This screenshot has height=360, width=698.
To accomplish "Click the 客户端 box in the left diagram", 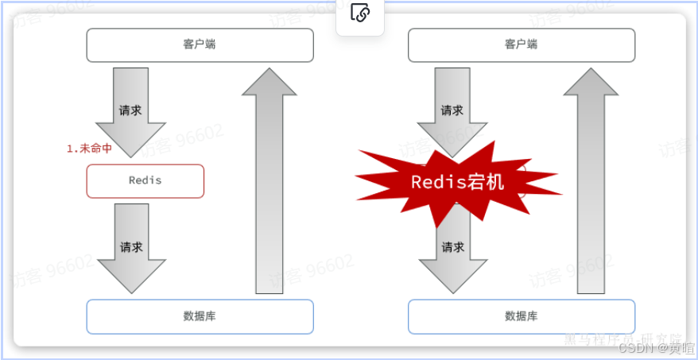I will click(x=200, y=45).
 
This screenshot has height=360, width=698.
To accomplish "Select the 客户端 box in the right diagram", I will click(x=522, y=45).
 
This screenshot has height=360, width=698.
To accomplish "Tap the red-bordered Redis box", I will click(x=145, y=180).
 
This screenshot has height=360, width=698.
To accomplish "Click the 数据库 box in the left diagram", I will click(x=200, y=316).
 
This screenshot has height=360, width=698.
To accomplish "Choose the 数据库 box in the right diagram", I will click(x=522, y=316).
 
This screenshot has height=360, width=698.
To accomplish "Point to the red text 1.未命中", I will click(x=89, y=149).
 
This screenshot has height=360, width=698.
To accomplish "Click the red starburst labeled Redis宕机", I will click(x=457, y=182).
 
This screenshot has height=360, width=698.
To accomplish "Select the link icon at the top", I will click(x=360, y=14).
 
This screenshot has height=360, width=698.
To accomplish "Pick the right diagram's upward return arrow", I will click(x=591, y=183).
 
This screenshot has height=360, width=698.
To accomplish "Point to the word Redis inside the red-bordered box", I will click(x=145, y=180).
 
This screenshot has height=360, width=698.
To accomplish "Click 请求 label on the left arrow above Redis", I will click(x=130, y=110).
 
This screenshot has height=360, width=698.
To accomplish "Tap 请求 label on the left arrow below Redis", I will click(x=131, y=247).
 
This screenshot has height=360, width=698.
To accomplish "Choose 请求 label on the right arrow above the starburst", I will click(x=452, y=110).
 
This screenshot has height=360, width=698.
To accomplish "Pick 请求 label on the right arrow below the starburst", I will click(x=452, y=247).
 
